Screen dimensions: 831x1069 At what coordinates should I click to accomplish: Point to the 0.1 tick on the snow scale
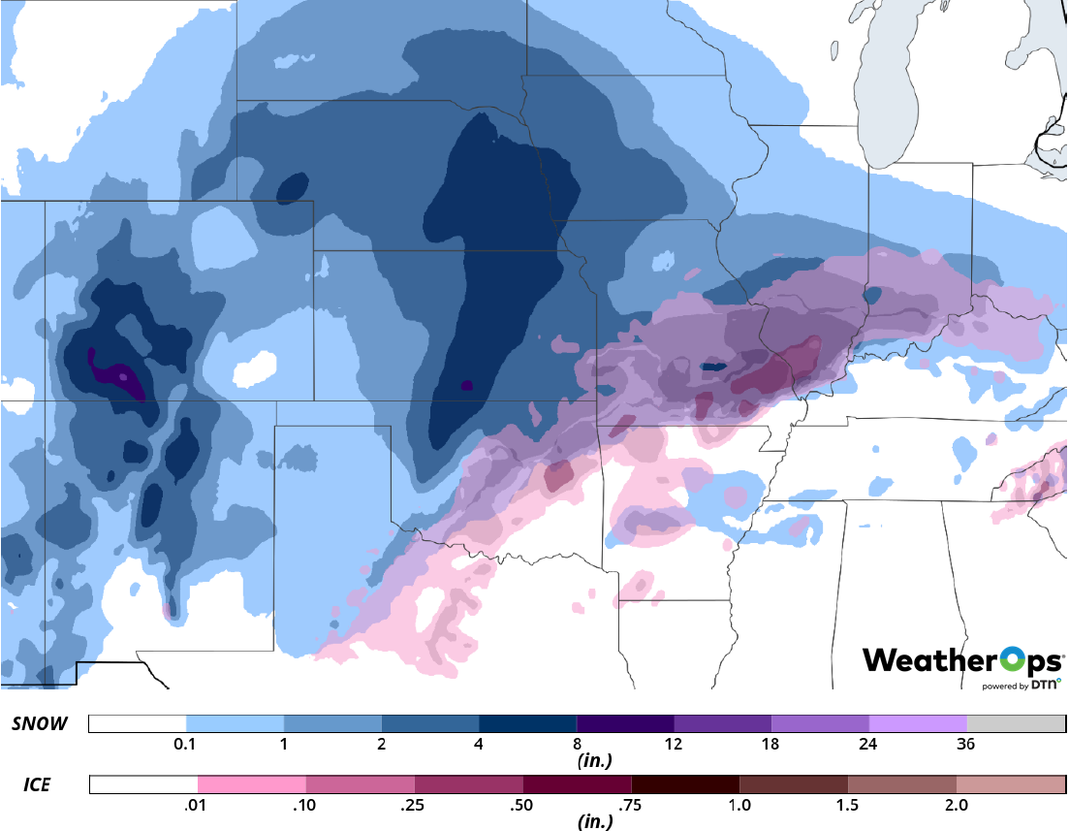[186, 745]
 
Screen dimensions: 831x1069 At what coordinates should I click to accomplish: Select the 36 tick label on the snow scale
[966, 745]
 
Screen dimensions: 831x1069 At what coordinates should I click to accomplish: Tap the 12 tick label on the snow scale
[674, 745]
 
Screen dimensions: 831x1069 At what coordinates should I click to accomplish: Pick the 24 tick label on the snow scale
[868, 745]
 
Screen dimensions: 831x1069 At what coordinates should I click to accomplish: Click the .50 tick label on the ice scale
[522, 805]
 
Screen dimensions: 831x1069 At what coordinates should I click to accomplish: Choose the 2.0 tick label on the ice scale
[956, 805]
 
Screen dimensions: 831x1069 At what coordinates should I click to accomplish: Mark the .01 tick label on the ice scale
[198, 805]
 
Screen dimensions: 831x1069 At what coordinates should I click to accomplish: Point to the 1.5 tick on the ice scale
[847, 805]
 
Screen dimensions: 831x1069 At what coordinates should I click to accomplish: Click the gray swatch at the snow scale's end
[1016, 723]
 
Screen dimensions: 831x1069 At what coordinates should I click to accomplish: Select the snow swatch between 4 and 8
[527, 723]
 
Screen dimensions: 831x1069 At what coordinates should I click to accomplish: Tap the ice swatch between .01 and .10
[251, 784]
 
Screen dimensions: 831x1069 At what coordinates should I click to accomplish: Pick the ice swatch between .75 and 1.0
[684, 784]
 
